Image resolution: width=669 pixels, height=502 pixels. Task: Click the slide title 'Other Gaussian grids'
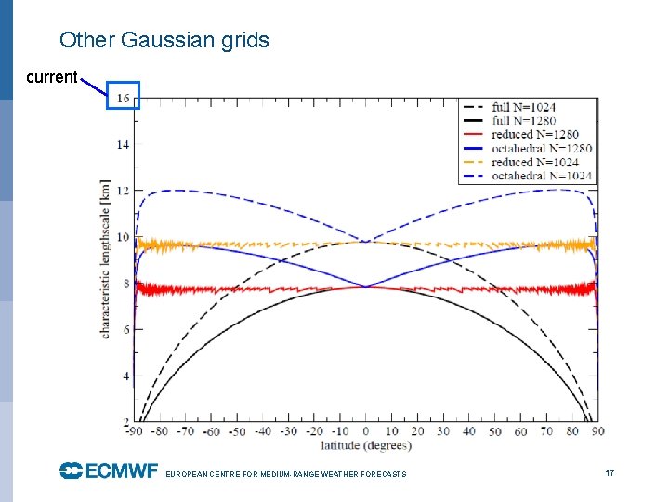click(x=164, y=40)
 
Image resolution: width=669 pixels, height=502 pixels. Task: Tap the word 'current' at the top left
click(x=51, y=77)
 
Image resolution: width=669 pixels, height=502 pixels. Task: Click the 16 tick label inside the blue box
click(x=123, y=98)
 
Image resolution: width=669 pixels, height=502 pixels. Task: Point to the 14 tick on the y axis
click(x=123, y=144)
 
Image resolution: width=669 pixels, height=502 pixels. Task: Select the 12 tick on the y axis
click(x=123, y=191)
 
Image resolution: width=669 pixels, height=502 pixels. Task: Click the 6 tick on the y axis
click(x=125, y=330)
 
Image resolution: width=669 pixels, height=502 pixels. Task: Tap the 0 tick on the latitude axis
click(x=366, y=431)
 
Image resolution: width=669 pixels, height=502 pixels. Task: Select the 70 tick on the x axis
click(x=546, y=431)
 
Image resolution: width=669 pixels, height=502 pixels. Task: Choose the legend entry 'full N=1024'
click(x=523, y=107)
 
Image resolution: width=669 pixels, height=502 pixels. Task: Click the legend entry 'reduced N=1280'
click(x=535, y=135)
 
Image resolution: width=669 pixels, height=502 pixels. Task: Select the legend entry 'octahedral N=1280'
click(x=542, y=148)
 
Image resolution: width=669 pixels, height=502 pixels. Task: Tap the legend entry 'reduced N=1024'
click(x=535, y=162)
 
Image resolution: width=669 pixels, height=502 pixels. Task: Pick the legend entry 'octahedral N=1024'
click(x=542, y=176)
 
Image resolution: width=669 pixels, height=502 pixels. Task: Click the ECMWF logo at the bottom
click(x=109, y=471)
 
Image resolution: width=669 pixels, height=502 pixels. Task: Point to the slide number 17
click(x=610, y=473)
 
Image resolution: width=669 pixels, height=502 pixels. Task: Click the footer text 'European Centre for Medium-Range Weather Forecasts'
click(x=285, y=474)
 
